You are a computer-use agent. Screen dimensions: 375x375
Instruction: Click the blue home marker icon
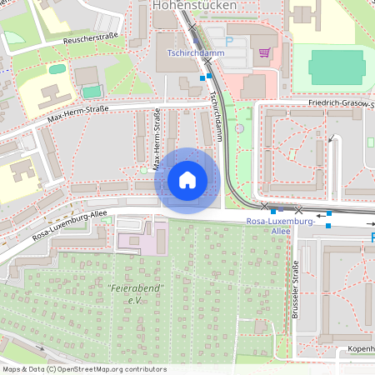click(x=187, y=179)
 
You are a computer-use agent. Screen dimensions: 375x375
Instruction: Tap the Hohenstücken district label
click(x=195, y=6)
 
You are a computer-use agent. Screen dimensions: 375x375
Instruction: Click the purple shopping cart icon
click(x=265, y=52)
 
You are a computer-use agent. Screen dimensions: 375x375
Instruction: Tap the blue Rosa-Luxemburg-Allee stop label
click(x=280, y=226)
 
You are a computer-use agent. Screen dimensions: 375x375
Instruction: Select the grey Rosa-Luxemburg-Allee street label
click(x=71, y=225)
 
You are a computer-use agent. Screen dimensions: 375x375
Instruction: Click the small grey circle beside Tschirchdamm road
click(x=239, y=128)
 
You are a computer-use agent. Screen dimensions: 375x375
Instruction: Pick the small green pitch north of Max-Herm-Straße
click(x=92, y=90)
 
